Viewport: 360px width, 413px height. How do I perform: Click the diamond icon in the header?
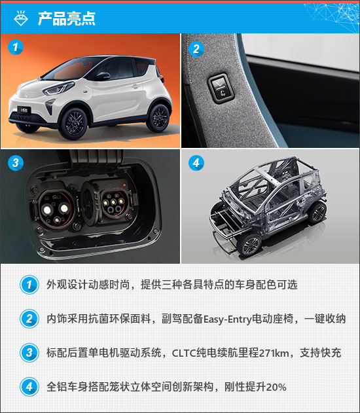21,18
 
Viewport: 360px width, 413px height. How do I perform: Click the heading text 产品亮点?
67,18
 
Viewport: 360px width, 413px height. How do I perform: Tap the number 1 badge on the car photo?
16,47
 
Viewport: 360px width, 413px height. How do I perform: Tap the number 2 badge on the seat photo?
196,49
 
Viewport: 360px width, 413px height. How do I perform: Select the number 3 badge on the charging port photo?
16,162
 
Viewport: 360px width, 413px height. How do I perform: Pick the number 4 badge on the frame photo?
196,163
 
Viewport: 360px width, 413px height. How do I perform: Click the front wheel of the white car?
73,124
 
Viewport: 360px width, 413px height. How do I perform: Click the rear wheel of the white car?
158,117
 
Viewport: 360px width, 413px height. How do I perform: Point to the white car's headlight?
58,88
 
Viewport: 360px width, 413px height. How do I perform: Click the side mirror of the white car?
103,76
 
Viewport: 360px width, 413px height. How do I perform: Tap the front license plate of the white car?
24,109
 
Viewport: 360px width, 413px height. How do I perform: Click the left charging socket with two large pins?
56,208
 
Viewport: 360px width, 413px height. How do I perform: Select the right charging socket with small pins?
114,202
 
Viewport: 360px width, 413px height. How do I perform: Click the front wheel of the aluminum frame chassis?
249,245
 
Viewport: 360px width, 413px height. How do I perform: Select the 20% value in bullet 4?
276,387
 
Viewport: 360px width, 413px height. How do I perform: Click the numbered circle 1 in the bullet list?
29,285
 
